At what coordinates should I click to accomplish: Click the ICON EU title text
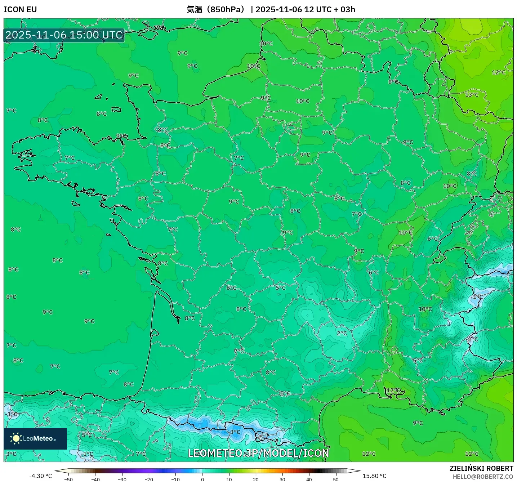(20, 9)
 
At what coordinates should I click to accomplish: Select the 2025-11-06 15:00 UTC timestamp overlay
(64, 35)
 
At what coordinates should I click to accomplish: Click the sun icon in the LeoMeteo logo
(16, 438)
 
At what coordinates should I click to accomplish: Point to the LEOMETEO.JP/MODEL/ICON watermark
(258, 453)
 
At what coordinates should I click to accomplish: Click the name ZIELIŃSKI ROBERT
(481, 468)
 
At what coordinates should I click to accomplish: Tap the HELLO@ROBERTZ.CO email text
(483, 477)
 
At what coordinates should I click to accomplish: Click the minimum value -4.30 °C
(40, 476)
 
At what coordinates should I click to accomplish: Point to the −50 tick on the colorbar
(68, 479)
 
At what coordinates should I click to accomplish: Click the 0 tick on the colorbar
(202, 479)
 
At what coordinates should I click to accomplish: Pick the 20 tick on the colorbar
(256, 479)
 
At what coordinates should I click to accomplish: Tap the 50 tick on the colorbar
(336, 479)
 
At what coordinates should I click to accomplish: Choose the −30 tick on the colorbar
(122, 479)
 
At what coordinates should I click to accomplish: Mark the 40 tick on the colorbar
(309, 479)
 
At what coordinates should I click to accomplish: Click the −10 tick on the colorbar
(175, 479)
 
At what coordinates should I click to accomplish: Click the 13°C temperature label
(472, 95)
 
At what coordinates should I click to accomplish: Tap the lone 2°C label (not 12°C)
(342, 333)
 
